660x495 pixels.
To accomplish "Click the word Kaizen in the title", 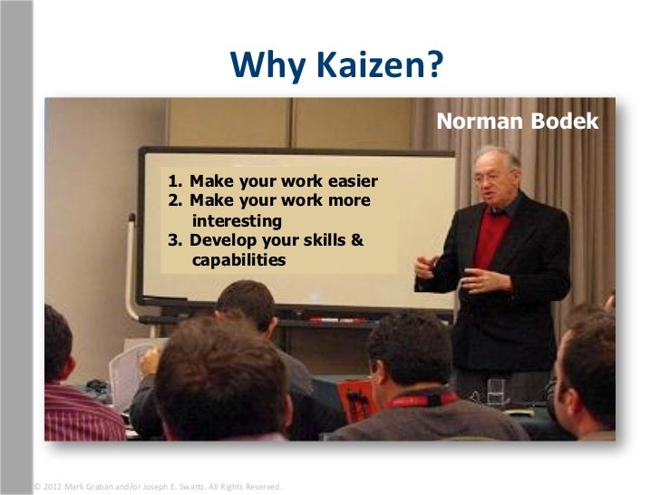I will [x=380, y=65].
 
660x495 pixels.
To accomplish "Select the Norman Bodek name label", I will [x=517, y=121].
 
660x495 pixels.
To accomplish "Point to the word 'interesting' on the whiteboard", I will [x=238, y=220].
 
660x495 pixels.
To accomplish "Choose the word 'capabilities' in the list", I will [x=238, y=259].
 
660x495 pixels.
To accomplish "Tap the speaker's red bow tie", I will [x=497, y=212].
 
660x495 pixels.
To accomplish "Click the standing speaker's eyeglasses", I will [x=491, y=176].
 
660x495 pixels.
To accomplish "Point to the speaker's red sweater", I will [x=490, y=240].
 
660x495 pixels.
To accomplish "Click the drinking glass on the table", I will [x=495, y=393].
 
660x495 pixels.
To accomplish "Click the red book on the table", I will [x=356, y=400].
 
